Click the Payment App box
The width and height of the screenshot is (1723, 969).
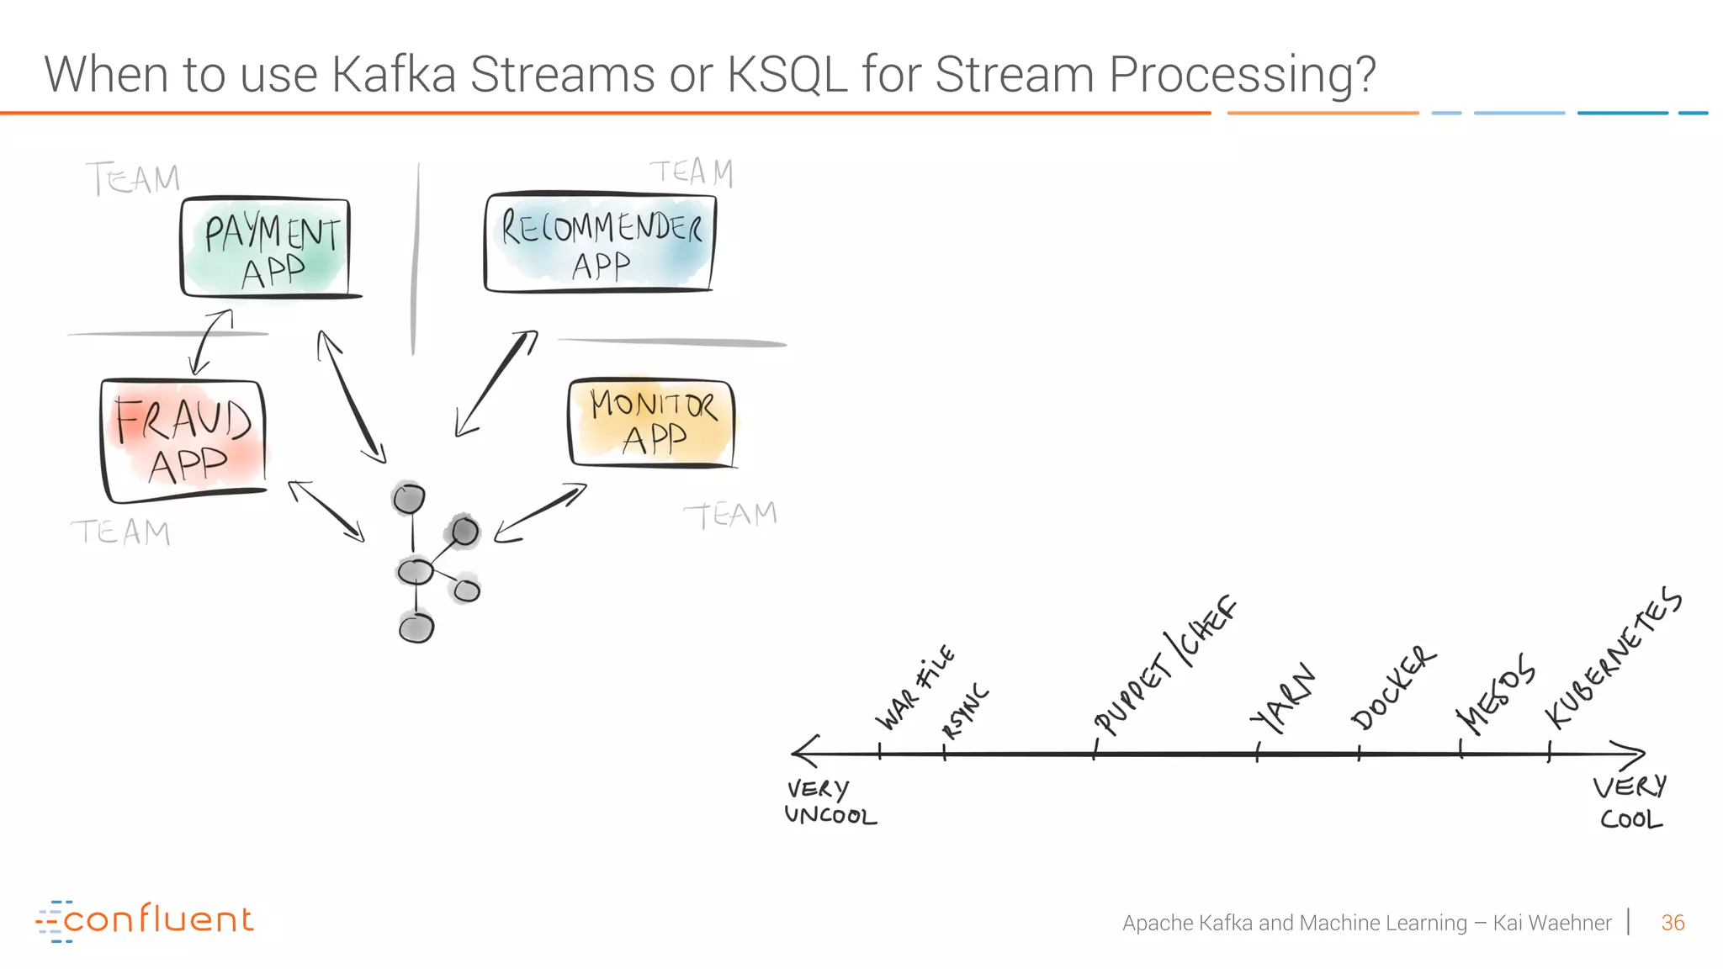point(266,248)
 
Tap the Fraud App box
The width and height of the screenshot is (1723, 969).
point(184,440)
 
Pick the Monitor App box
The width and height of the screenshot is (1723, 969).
point(652,423)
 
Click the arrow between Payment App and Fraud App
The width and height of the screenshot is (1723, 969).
point(210,342)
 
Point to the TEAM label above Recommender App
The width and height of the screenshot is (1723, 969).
point(692,172)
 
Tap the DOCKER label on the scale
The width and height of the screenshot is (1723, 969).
point(1392,688)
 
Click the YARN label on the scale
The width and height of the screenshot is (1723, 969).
point(1281,698)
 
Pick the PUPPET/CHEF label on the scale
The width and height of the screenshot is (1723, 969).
point(1165,666)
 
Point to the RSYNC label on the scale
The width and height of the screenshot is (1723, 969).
point(965,712)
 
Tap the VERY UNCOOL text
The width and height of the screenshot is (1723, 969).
point(829,802)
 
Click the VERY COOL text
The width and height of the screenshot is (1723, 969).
point(1630,802)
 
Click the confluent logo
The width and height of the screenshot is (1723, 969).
point(145,920)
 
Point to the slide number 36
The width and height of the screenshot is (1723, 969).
point(1673,923)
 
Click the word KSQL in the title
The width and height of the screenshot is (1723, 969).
point(787,74)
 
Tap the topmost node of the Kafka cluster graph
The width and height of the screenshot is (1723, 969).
point(409,499)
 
